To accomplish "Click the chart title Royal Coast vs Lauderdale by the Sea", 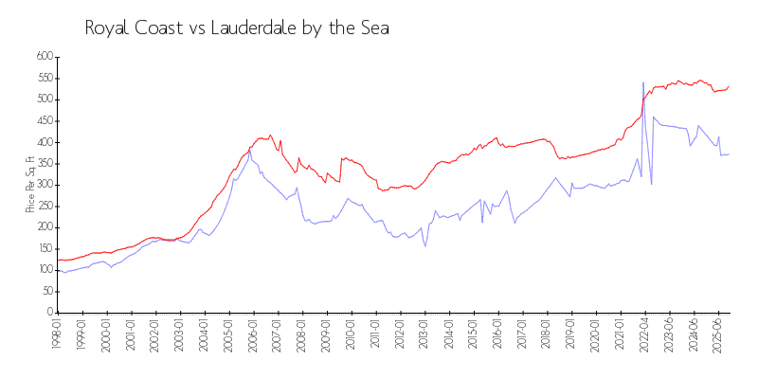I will (x=237, y=27).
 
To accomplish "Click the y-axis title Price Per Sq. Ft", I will (x=31, y=184).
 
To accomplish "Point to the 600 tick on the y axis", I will (x=44, y=57).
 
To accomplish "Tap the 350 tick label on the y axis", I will (x=44, y=163).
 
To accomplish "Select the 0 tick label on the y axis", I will (x=49, y=313).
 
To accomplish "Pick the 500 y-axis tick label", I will (x=44, y=99).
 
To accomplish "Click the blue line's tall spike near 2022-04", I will (x=643, y=83).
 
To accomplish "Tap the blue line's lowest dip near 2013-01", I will (x=425, y=246).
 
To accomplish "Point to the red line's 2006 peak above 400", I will (x=271, y=135).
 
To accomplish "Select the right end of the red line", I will (x=729, y=86).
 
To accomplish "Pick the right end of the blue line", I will (x=729, y=153).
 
